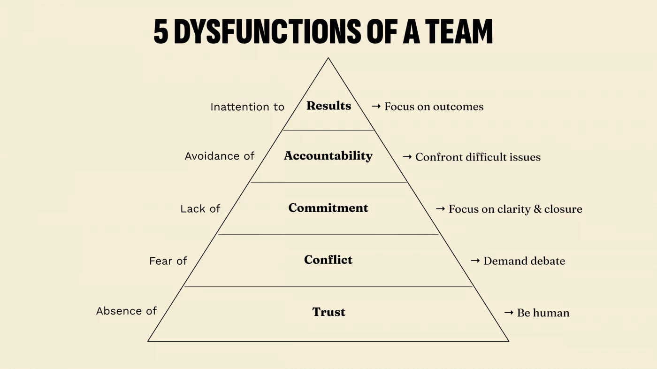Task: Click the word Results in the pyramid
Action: click(x=328, y=106)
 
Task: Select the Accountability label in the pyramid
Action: click(x=328, y=156)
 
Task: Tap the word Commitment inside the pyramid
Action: click(x=328, y=208)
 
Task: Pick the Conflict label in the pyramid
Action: click(x=328, y=260)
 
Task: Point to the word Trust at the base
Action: click(x=328, y=312)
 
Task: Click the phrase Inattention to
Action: click(x=247, y=107)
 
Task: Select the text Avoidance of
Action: click(x=219, y=156)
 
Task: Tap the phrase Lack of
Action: click(x=200, y=209)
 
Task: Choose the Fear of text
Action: click(x=168, y=261)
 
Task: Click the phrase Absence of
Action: click(x=126, y=311)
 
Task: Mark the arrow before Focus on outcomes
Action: click(x=376, y=107)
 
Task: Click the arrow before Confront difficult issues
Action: click(x=407, y=157)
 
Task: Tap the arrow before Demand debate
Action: click(x=475, y=261)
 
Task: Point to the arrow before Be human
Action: click(x=509, y=313)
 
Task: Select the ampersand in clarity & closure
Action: click(x=537, y=209)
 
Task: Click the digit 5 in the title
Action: click(x=161, y=32)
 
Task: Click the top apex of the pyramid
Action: click(x=328, y=58)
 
